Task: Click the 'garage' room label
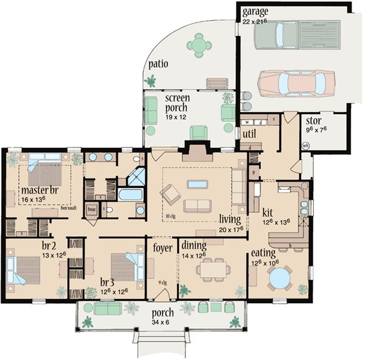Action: pos(254,12)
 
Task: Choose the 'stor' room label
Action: pos(313,121)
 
